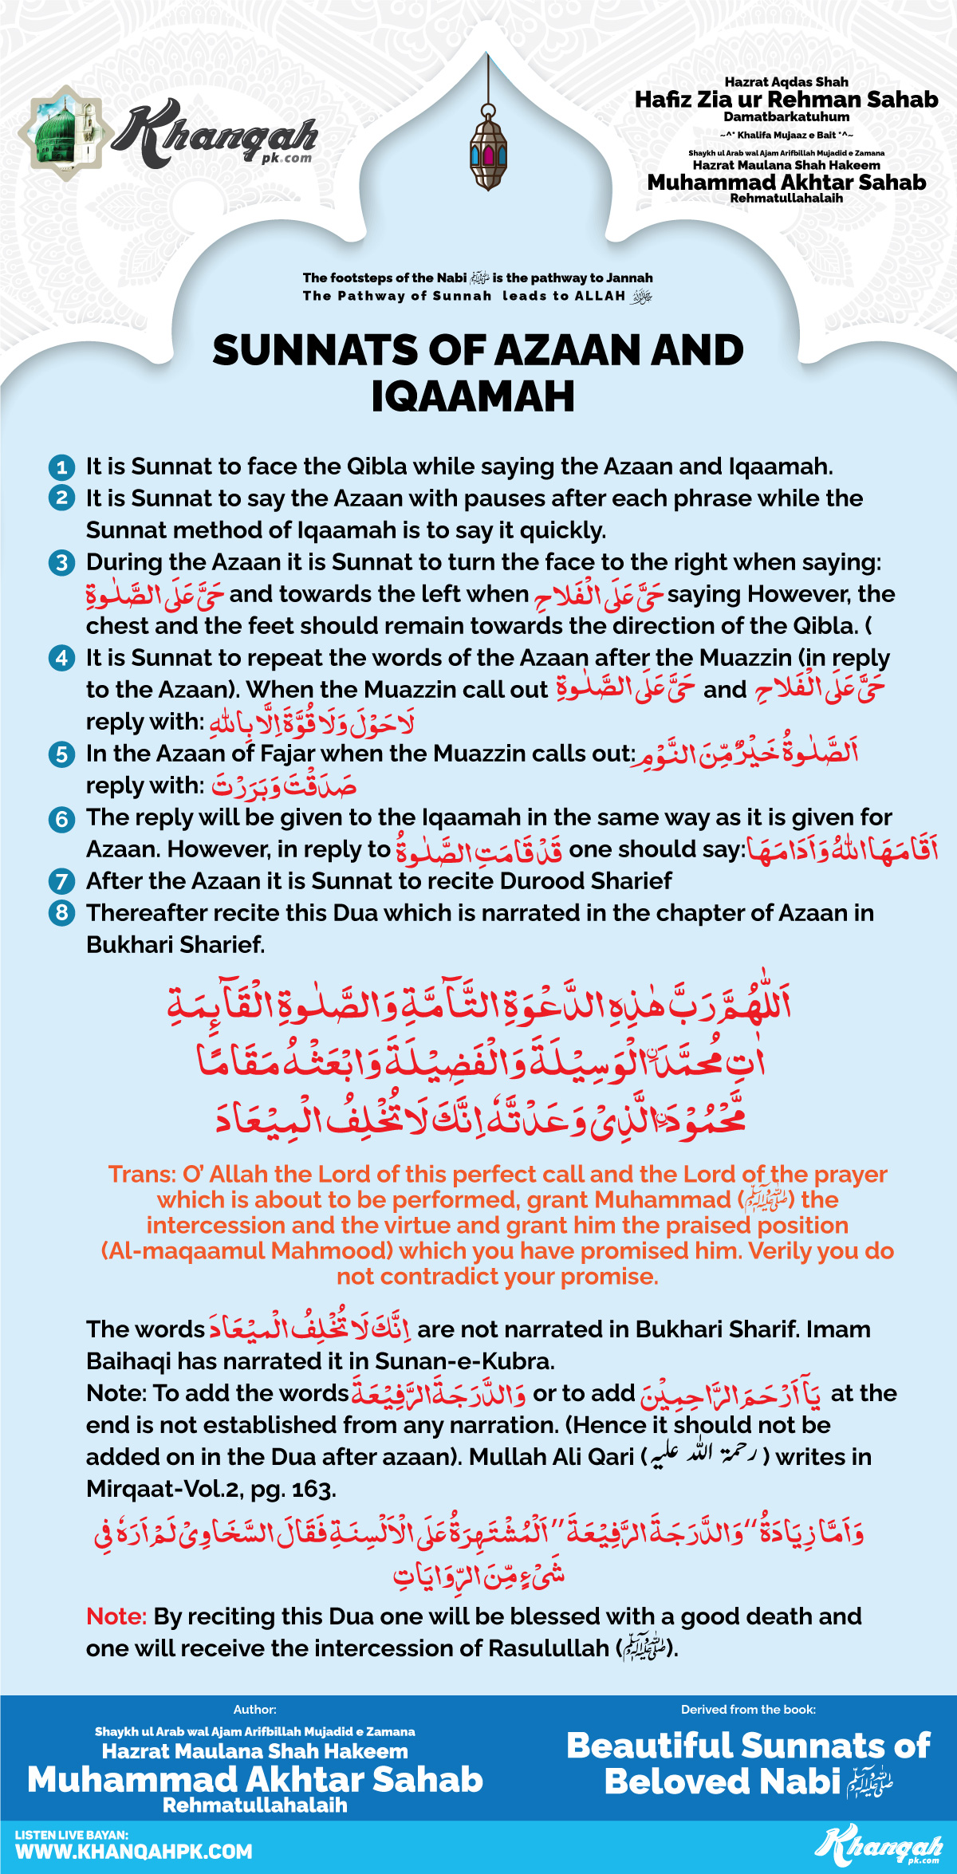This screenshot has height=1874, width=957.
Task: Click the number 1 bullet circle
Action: (61, 467)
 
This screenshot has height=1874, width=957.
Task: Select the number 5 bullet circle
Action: (61, 754)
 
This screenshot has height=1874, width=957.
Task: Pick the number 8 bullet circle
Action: (61, 913)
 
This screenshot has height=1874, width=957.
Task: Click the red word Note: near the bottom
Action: (116, 1616)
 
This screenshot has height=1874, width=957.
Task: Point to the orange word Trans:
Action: (142, 1175)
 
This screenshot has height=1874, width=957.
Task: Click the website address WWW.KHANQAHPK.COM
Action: (134, 1852)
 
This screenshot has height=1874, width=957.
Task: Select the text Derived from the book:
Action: (748, 1709)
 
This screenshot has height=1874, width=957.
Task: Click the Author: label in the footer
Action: (255, 1709)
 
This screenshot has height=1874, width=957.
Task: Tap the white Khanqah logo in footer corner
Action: (877, 1844)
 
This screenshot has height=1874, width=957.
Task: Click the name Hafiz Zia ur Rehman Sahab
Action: (786, 100)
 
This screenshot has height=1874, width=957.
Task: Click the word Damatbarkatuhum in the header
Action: (786, 117)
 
